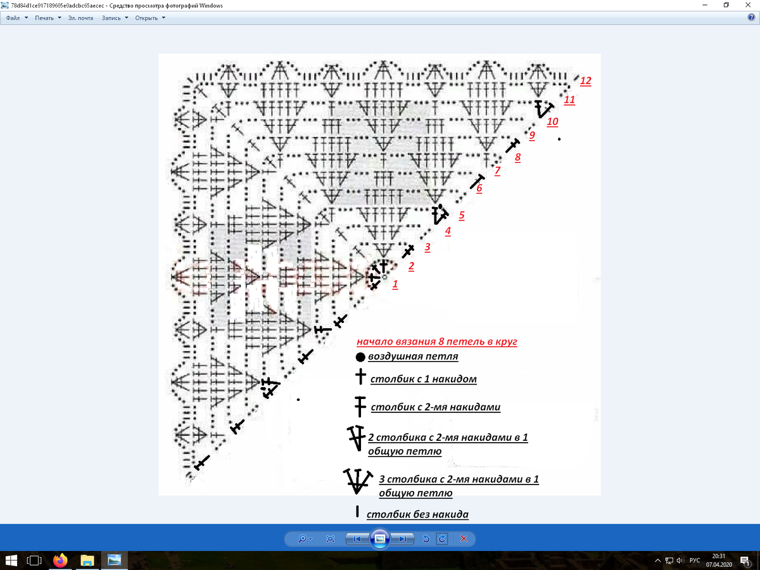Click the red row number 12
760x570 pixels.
click(x=585, y=80)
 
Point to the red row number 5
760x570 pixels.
click(x=462, y=215)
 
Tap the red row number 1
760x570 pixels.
click(x=395, y=284)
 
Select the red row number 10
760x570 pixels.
click(x=553, y=122)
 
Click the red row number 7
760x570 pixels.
click(x=498, y=170)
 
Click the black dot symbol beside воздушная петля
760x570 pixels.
click(x=360, y=357)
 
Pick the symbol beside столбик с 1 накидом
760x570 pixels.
click(x=360, y=376)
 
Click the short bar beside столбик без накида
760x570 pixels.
click(x=357, y=512)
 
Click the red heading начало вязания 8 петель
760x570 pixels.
click(x=437, y=341)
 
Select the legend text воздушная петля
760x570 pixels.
click(x=413, y=356)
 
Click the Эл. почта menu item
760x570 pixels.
click(x=80, y=18)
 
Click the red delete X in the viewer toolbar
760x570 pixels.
click(x=464, y=539)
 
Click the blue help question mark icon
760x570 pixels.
click(x=751, y=17)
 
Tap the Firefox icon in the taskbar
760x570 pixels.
click(x=60, y=560)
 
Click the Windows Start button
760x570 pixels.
click(x=11, y=560)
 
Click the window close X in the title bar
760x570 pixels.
click(x=748, y=5)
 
